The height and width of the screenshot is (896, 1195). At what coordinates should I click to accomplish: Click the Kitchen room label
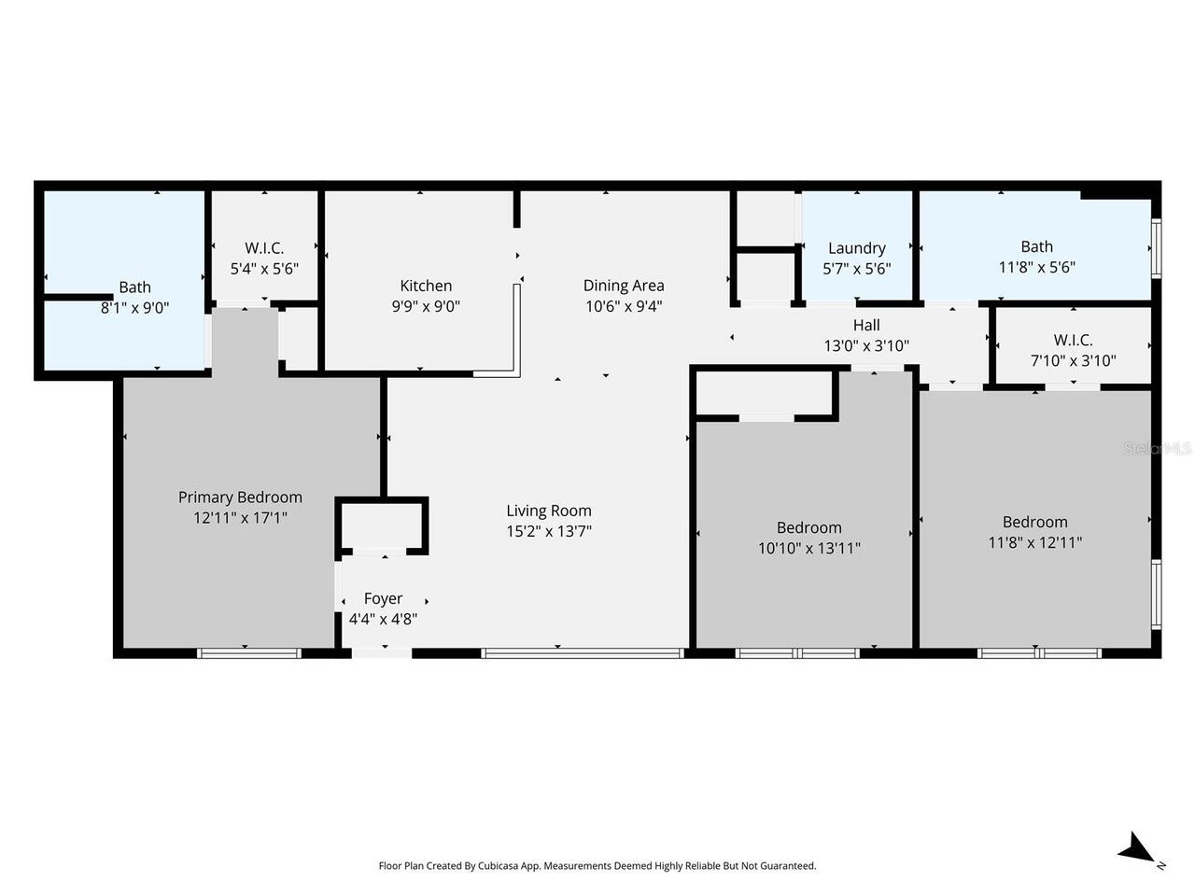click(426, 286)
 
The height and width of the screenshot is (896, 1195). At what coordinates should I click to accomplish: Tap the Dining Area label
click(624, 286)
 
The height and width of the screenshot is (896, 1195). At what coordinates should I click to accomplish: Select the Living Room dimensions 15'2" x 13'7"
click(549, 531)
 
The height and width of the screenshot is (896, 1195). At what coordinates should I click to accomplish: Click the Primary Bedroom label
click(240, 497)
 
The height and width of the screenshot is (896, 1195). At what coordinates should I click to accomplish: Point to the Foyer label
click(383, 598)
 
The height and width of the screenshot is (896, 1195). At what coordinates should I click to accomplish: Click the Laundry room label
click(856, 248)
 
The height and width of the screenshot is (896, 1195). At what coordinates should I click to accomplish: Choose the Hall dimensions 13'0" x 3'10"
click(866, 345)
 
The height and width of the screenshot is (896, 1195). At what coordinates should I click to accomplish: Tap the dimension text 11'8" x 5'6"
click(1036, 267)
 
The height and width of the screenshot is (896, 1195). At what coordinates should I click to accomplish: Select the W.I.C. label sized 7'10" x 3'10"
click(1073, 341)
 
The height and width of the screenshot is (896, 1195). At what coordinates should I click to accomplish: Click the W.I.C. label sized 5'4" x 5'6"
click(264, 248)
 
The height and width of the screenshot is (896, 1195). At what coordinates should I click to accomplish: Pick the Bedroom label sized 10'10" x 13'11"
click(808, 527)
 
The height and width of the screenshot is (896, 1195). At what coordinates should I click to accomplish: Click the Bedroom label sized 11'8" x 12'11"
click(1034, 522)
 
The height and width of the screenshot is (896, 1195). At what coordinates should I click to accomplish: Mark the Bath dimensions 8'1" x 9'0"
click(135, 307)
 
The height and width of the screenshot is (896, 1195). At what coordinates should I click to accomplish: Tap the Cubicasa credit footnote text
click(597, 866)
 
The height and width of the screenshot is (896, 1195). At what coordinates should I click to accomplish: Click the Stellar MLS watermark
click(1159, 449)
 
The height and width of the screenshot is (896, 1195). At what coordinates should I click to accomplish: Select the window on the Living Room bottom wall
click(583, 653)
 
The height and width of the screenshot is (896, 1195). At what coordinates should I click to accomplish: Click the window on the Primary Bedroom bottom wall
click(248, 653)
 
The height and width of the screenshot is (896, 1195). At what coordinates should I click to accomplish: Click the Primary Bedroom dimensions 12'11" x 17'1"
click(240, 517)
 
